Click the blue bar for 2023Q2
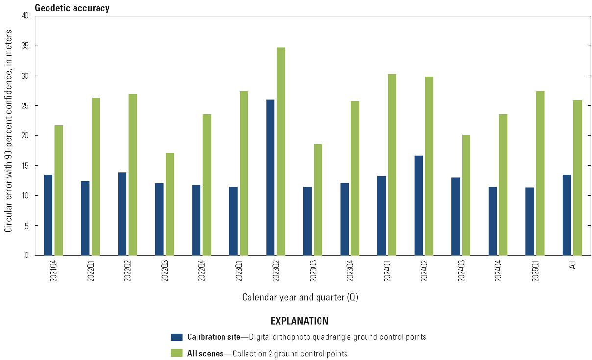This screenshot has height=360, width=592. [x=271, y=177]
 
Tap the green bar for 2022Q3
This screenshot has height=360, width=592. [x=170, y=204]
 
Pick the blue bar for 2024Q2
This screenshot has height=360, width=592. [x=419, y=206]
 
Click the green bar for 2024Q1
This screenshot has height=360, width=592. [x=392, y=164]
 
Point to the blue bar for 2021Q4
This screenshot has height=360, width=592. [x=48, y=215]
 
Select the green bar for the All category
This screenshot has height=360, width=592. [x=577, y=178]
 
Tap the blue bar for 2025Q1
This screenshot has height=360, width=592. [x=530, y=221]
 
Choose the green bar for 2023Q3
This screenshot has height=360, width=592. [x=318, y=200]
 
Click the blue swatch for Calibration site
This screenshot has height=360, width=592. [x=176, y=337]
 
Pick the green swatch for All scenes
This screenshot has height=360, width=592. [x=176, y=353]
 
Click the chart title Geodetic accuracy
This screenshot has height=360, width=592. [x=72, y=8]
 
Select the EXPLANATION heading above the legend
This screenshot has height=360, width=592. [x=299, y=321]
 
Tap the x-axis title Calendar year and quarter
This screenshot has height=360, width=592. [x=300, y=297]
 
